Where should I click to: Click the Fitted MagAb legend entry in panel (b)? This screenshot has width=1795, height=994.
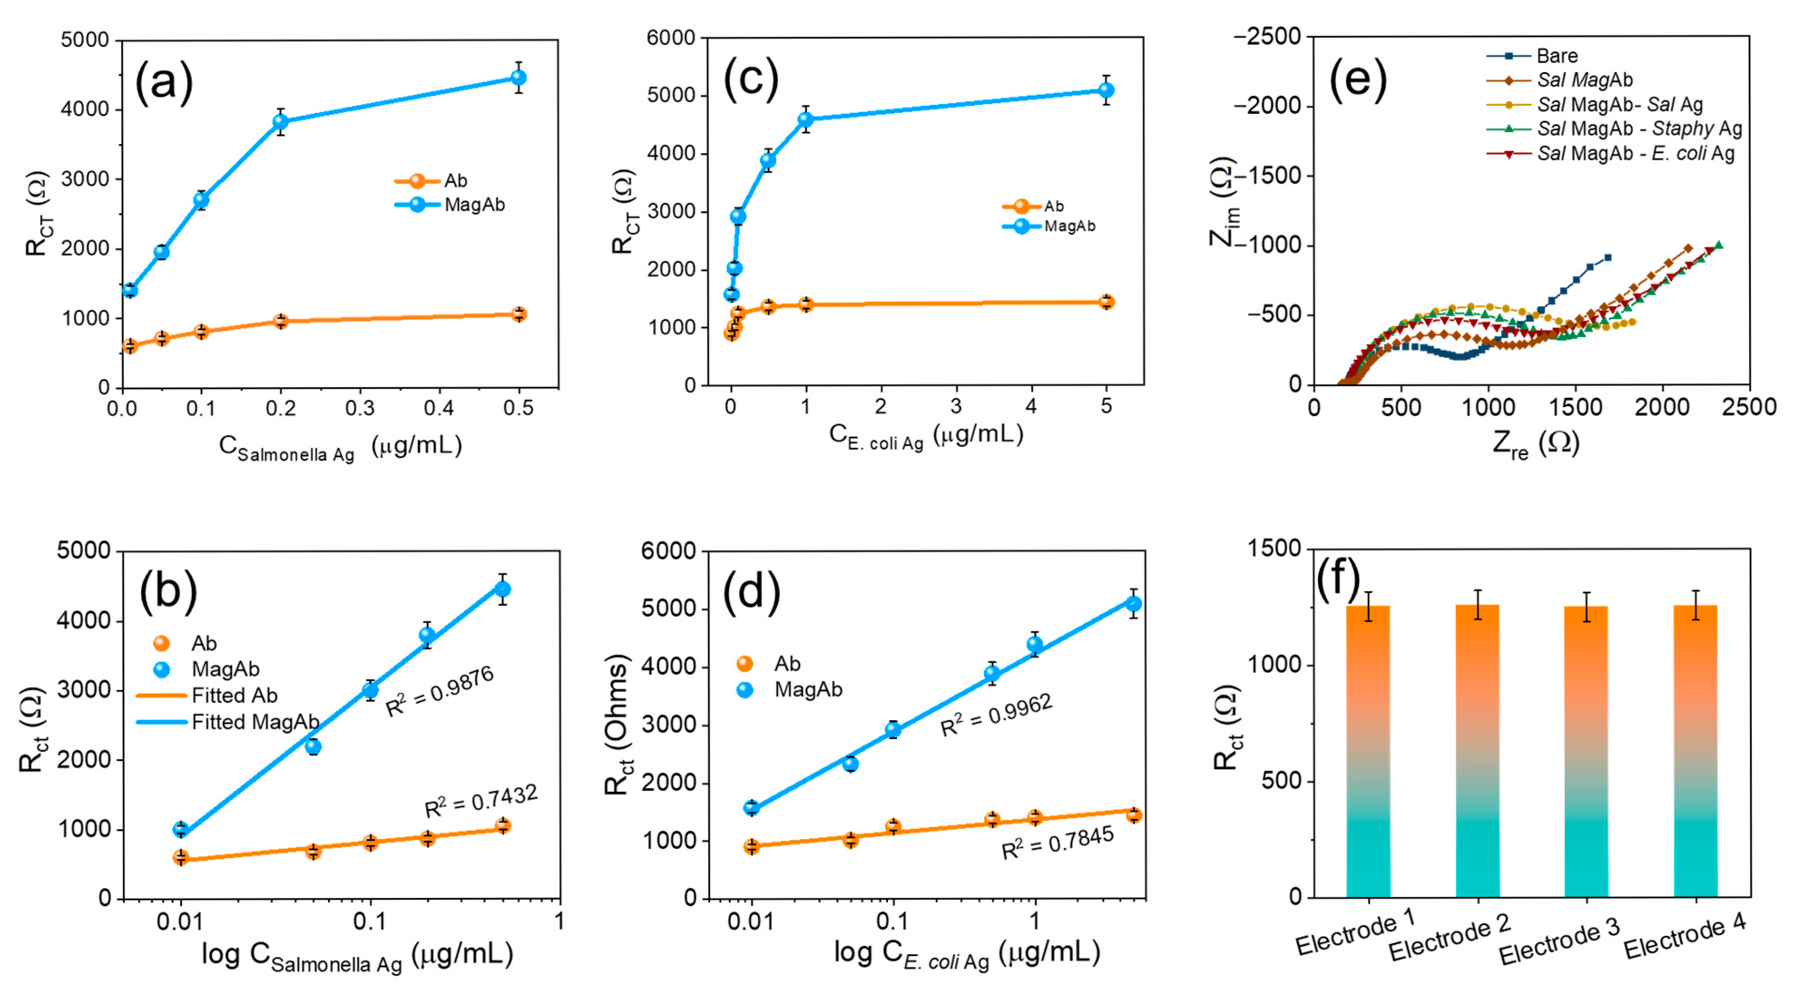point(254,722)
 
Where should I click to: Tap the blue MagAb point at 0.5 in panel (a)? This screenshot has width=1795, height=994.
point(519,77)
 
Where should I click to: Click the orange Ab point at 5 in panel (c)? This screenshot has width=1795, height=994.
point(1106,301)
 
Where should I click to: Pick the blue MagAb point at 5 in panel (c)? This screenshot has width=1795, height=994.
point(1106,90)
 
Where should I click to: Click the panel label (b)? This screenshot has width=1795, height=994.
point(168,591)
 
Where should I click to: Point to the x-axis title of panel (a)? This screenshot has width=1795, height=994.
point(340,448)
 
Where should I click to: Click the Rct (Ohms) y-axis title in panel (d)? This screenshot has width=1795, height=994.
point(617,724)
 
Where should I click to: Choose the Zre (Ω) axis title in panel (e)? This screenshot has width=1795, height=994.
point(1535,444)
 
